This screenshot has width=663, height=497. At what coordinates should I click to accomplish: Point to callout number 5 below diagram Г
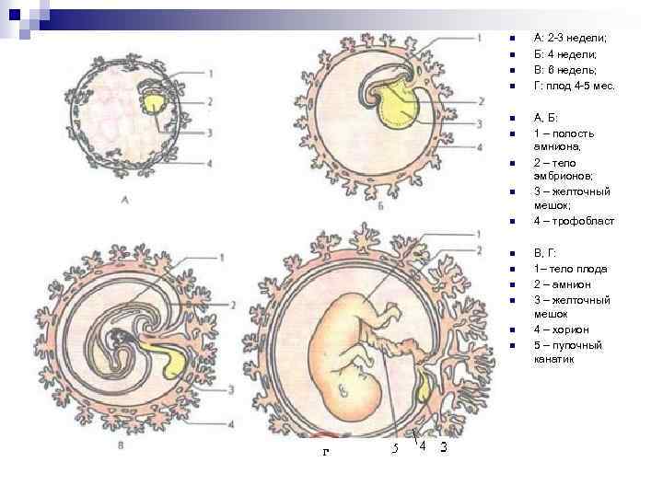pyautogui.click(x=393, y=448)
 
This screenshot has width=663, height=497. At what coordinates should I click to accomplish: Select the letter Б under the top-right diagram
pyautogui.click(x=381, y=208)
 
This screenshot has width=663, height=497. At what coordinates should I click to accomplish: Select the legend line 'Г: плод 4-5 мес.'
pyautogui.click(x=574, y=86)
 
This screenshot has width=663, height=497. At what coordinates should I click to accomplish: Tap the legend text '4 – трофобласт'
pyautogui.click(x=574, y=222)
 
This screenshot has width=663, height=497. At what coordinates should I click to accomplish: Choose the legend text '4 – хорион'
pyautogui.click(x=562, y=329)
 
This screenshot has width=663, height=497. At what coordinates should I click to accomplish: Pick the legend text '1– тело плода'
pyautogui.click(x=569, y=269)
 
